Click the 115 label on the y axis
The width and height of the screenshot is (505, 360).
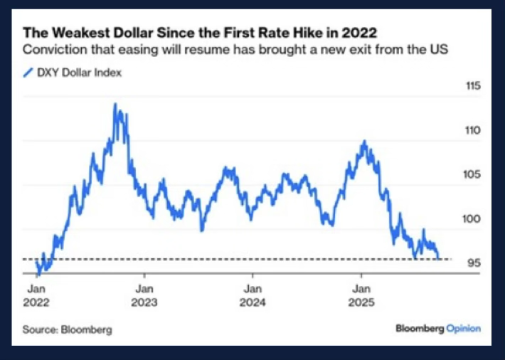click(x=473, y=87)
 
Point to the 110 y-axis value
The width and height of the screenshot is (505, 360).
click(x=473, y=131)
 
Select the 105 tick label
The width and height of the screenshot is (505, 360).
click(x=473, y=175)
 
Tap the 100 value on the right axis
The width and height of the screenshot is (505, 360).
click(x=473, y=219)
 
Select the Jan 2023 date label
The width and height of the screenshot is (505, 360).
click(x=144, y=295)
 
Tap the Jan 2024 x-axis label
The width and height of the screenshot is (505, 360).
click(x=253, y=295)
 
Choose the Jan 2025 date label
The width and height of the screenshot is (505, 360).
click(x=362, y=295)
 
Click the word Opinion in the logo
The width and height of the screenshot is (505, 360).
click(x=463, y=329)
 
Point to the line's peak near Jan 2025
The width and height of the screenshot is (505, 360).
click(x=363, y=141)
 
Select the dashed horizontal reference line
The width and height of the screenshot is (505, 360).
click(x=235, y=260)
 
